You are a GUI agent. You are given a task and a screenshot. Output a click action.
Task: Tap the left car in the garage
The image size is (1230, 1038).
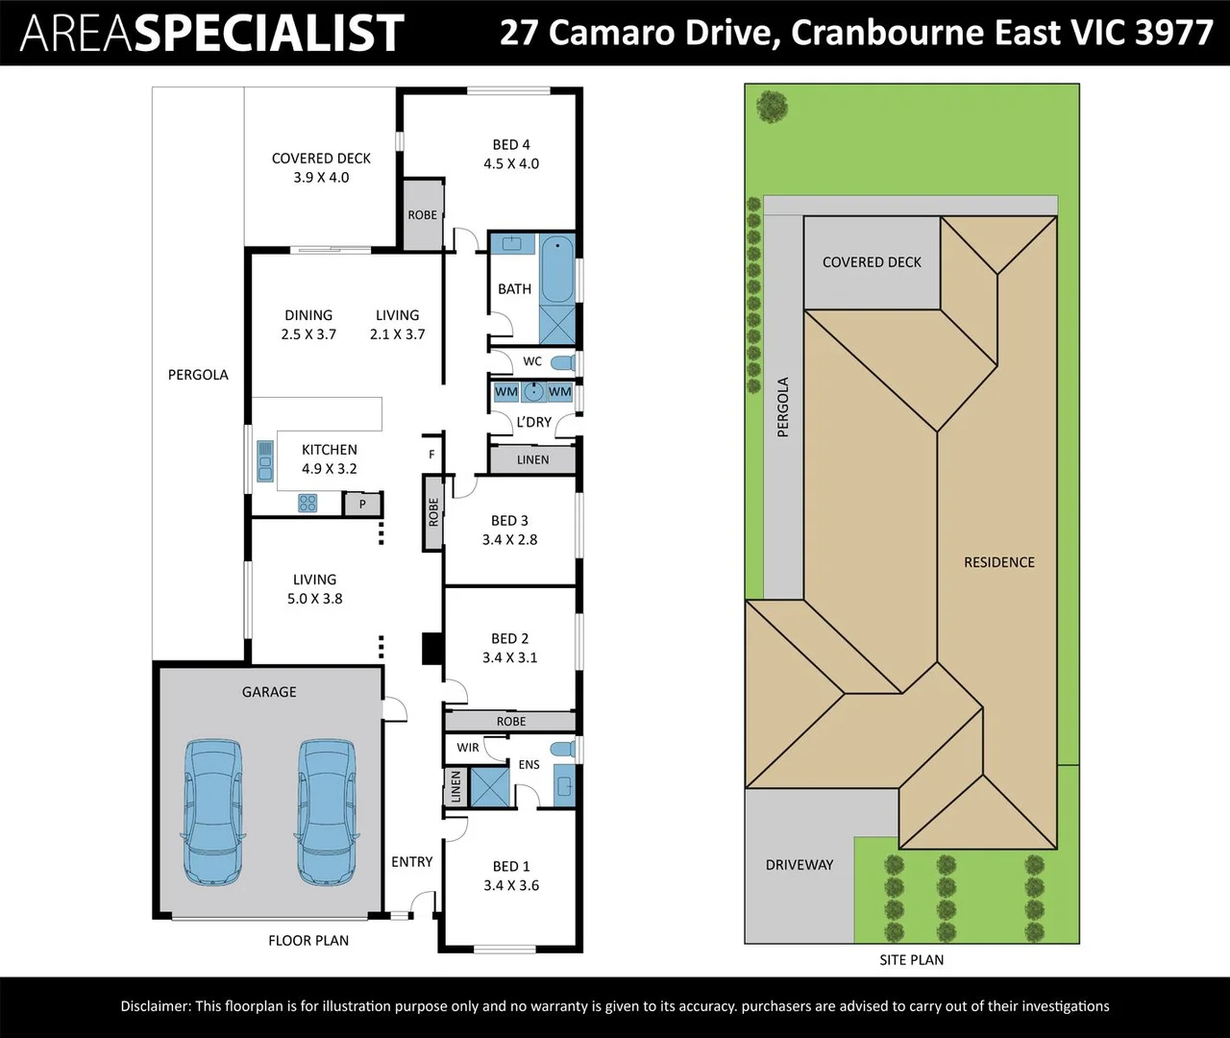click(x=212, y=812)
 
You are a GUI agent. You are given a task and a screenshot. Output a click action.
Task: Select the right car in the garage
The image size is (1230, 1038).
click(x=327, y=812)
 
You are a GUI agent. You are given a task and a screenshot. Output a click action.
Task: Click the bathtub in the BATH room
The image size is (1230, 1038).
click(x=556, y=269)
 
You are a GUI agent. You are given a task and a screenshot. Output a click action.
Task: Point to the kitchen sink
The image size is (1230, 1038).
click(x=265, y=460)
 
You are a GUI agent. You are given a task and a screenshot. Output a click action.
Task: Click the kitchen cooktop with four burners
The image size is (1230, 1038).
click(x=307, y=503)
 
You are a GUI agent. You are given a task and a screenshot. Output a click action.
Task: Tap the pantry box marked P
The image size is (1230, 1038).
click(x=362, y=505)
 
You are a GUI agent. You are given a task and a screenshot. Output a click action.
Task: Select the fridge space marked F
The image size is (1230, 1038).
click(x=431, y=455)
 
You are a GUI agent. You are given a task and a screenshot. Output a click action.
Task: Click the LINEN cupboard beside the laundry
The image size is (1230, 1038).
click(x=532, y=459)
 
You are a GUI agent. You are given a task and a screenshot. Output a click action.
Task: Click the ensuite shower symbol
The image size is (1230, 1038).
click(x=489, y=786)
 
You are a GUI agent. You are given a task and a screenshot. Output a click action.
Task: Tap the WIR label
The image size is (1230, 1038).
click(x=468, y=748)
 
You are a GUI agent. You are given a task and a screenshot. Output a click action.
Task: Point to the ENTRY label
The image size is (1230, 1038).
click(x=412, y=862)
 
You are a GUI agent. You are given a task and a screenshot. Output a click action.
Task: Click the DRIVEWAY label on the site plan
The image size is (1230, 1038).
click(x=799, y=865)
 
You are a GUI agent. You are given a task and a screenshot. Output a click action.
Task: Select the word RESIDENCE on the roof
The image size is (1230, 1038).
click(x=999, y=562)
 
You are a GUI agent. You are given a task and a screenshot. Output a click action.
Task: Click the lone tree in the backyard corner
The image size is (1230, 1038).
click(x=773, y=107)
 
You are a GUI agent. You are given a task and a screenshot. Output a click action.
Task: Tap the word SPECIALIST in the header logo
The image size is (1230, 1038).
click(x=272, y=33)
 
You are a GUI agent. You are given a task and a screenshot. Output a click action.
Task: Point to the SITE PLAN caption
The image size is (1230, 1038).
click(x=911, y=959)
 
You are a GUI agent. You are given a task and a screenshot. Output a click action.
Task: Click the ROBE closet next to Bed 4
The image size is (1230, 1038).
click(x=423, y=215)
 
